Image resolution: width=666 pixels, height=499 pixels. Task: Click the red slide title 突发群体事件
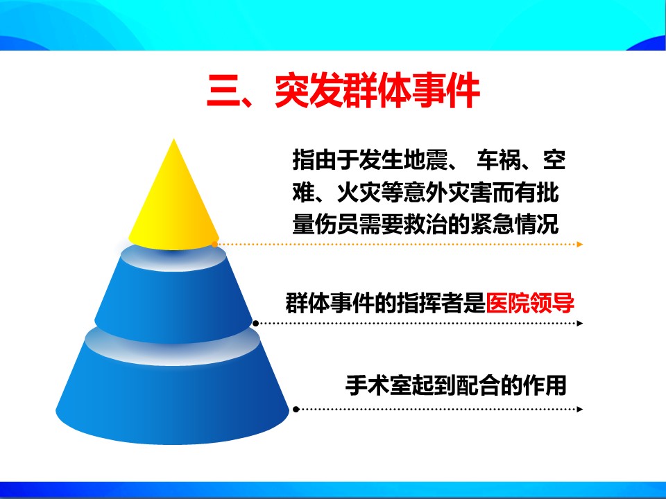click(x=377, y=91)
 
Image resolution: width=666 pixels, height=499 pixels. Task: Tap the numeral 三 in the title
click(x=224, y=92)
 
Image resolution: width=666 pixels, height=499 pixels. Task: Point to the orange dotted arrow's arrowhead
click(x=580, y=245)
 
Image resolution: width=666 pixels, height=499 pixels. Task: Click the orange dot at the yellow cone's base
click(x=214, y=245)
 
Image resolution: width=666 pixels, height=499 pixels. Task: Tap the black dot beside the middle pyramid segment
click(x=256, y=324)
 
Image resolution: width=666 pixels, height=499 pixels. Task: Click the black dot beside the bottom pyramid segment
click(x=296, y=409)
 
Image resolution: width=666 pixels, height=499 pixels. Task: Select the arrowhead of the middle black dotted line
click(x=580, y=324)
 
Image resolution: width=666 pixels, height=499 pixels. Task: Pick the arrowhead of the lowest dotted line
click(x=580, y=409)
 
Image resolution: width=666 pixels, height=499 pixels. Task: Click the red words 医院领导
click(x=530, y=303)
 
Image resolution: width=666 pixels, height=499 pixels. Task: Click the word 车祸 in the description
click(x=499, y=160)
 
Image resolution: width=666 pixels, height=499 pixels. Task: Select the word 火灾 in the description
click(x=359, y=193)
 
